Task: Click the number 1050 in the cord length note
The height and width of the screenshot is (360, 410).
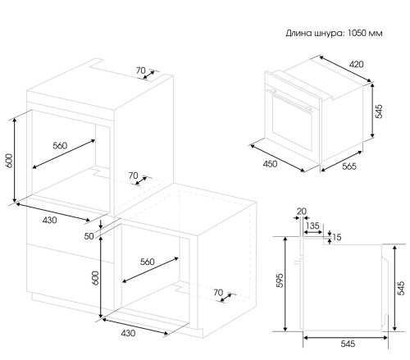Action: pos(357,33)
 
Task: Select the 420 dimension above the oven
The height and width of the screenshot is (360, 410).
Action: pos(357,65)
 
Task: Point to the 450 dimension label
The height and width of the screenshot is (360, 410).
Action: pos(270,164)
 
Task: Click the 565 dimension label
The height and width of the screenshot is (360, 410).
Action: pos(349,166)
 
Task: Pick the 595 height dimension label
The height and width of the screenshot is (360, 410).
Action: pos(280,280)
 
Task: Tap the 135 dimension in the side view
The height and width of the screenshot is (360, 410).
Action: pos(312,226)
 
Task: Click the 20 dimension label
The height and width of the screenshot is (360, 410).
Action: pos(302,211)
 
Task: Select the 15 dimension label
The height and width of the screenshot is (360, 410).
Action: pos(337,237)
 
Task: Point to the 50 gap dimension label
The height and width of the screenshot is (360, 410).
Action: pos(89,236)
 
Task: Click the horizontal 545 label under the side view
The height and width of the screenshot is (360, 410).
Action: pos(348,344)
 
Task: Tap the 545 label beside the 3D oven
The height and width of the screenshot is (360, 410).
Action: pos(379,112)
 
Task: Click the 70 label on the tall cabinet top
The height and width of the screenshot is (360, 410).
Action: pos(141,71)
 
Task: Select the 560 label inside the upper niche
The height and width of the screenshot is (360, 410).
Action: pos(60,145)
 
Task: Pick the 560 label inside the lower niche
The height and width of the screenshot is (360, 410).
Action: pos(148,262)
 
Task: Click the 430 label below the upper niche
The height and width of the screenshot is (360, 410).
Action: pos(49,220)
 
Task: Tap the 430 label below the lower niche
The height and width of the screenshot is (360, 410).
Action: pos(128,333)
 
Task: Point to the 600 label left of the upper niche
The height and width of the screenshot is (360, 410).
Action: pos(9,161)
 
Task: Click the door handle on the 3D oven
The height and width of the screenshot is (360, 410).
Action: pos(289,100)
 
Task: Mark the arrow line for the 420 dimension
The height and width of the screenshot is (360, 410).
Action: pos(345,69)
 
